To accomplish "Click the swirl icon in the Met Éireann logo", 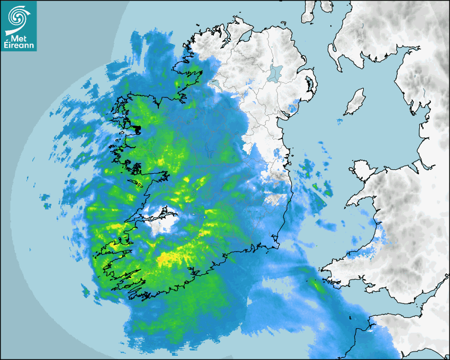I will click(x=17, y=17).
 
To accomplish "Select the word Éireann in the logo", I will click(x=19, y=45).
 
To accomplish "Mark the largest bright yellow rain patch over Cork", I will click(x=169, y=258).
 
